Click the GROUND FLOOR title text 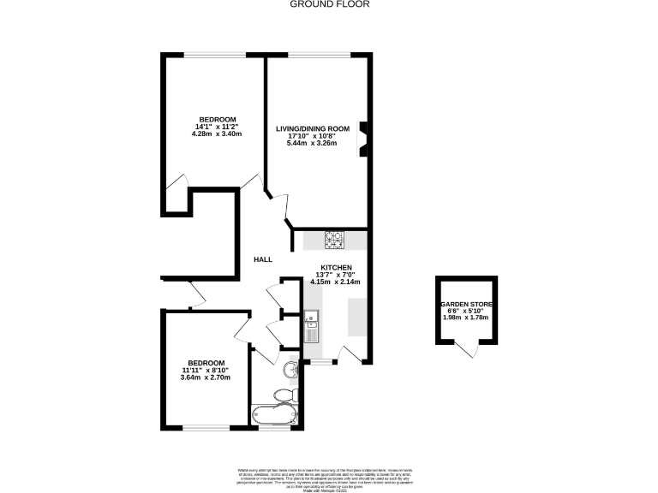point(329,4)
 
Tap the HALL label point(263,259)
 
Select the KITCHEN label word point(337,268)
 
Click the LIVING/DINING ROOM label point(312,129)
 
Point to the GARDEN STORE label point(466,304)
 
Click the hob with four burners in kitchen point(334,240)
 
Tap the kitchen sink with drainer point(312,326)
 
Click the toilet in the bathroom point(282,395)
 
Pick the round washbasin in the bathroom point(292,369)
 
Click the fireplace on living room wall point(363,138)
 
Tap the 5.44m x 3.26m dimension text point(312,144)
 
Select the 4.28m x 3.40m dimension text point(218,134)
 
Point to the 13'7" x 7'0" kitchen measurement point(337,275)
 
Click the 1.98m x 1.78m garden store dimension point(466,318)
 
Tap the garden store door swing point(466,347)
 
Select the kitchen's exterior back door point(351,353)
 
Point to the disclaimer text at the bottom point(329,475)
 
